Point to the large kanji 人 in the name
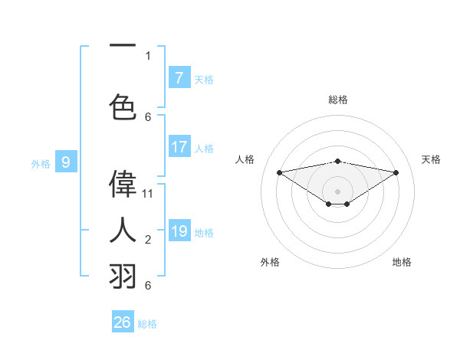pyautogui.click(x=123, y=229)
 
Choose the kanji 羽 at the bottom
pyautogui.click(x=123, y=275)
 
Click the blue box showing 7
pyautogui.click(x=179, y=78)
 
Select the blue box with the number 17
pyautogui.click(x=179, y=147)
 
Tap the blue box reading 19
pyautogui.click(x=179, y=231)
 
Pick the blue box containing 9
pyautogui.click(x=66, y=162)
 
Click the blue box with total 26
pyautogui.click(x=123, y=322)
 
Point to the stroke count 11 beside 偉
pyautogui.click(x=148, y=194)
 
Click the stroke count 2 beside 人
pyautogui.click(x=148, y=240)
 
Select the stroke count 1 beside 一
pyautogui.click(x=148, y=56)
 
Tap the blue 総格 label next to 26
pyautogui.click(x=147, y=324)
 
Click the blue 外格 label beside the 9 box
pyautogui.click(x=41, y=163)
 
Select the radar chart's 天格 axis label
pyautogui.click(x=431, y=159)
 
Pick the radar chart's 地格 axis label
pyautogui.click(x=402, y=262)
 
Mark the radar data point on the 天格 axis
pyautogui.click(x=396, y=172)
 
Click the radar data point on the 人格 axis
pyautogui.click(x=279, y=172)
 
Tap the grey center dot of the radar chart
pyautogui.click(x=337, y=190)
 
